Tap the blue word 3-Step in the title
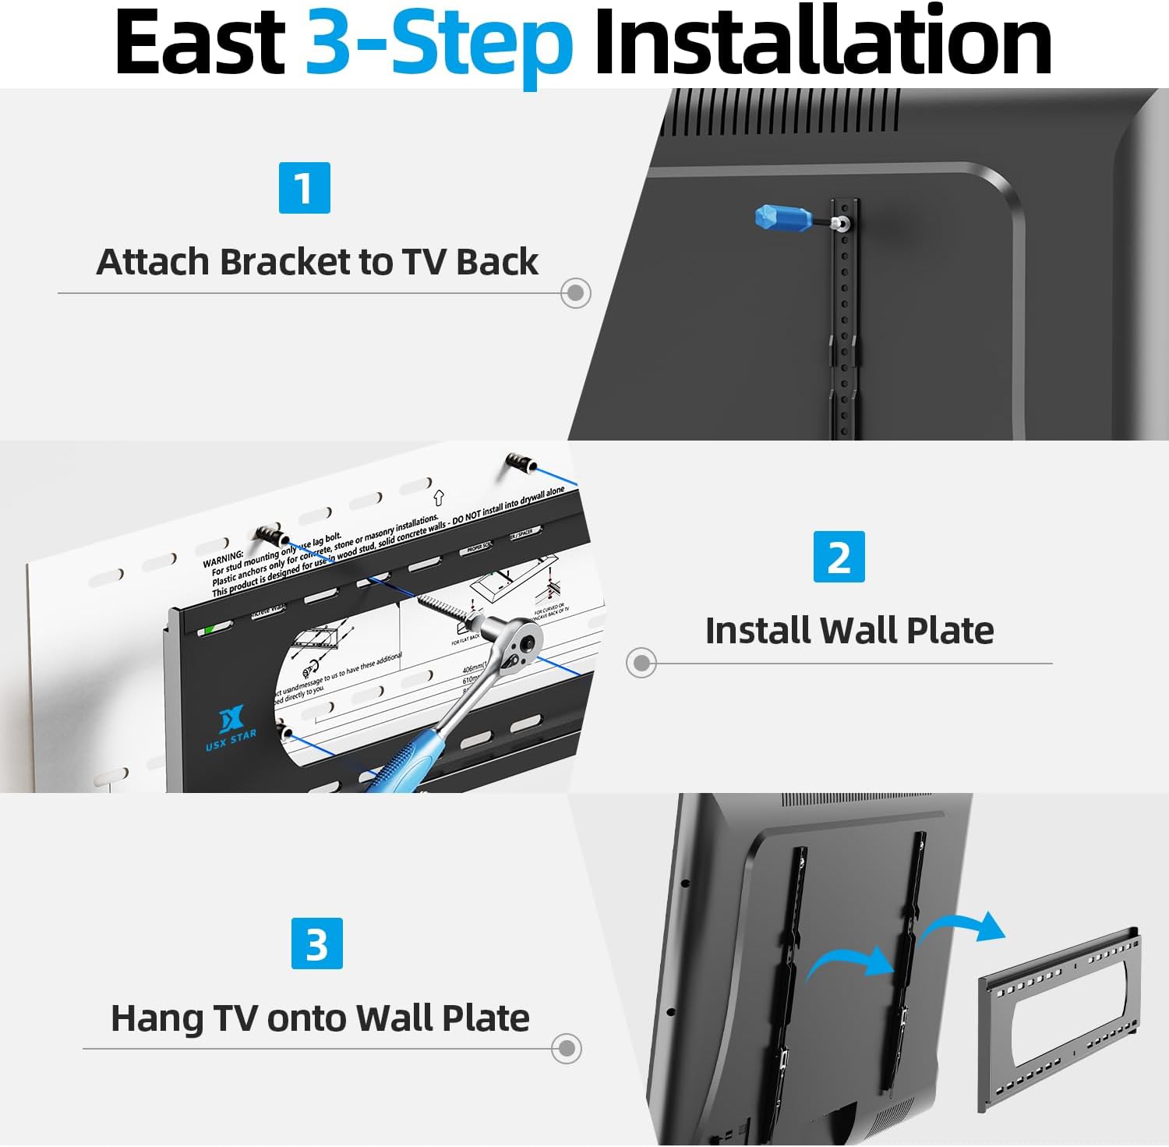439,44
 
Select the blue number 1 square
304,188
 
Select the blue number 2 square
839,557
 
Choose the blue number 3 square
316,943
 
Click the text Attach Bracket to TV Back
316,262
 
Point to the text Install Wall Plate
849,631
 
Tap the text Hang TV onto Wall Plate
320,1018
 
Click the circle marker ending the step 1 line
575,293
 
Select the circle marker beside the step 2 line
641,663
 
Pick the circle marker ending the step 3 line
566,1048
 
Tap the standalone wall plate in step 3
1060,1014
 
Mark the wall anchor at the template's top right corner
519,464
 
